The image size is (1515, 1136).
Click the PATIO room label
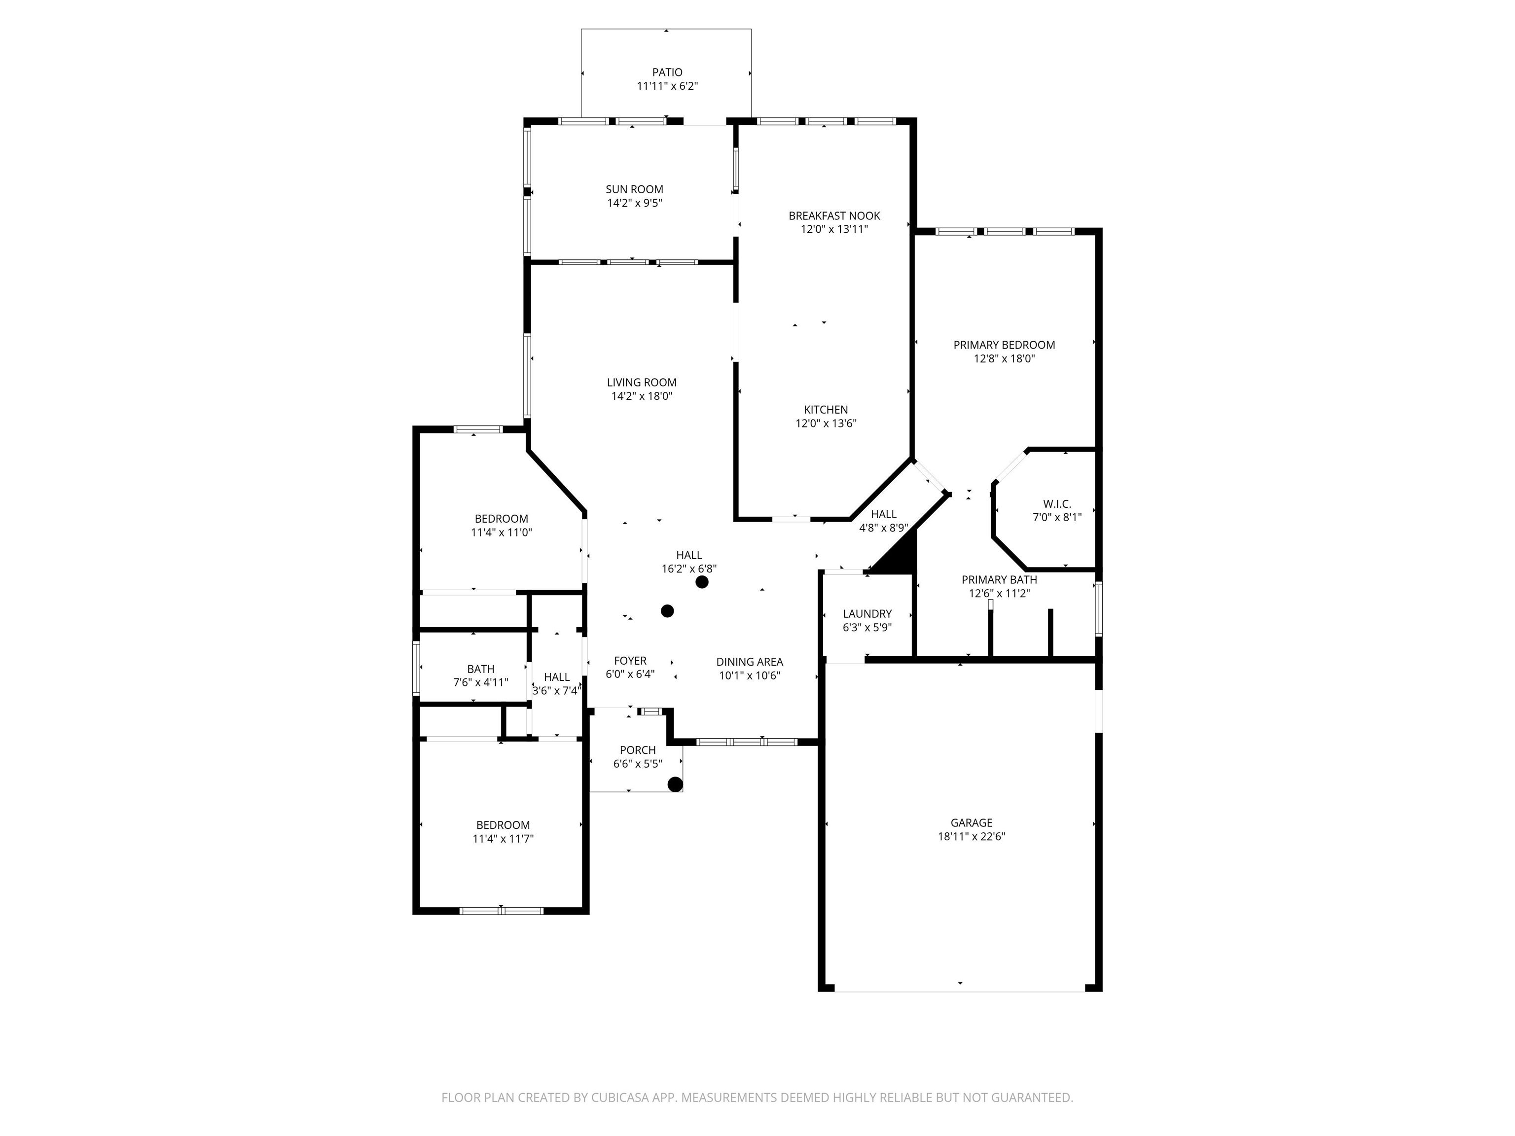(x=667, y=72)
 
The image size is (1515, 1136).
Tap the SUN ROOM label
(x=634, y=189)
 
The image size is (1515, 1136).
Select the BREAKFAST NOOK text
(x=834, y=215)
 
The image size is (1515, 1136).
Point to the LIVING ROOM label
(x=642, y=382)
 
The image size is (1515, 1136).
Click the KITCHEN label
(x=826, y=409)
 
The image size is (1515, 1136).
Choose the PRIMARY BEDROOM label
(x=1004, y=345)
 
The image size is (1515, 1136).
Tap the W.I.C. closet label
(x=1057, y=504)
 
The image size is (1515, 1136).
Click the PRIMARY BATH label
(x=999, y=579)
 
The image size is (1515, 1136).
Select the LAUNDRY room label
(x=867, y=613)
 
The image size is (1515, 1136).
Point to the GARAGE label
(x=971, y=822)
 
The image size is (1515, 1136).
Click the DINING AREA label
(x=749, y=662)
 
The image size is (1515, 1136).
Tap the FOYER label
(x=630, y=660)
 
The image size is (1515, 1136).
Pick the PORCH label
(x=638, y=750)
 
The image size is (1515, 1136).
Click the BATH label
(x=481, y=669)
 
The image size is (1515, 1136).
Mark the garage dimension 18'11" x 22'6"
(x=971, y=836)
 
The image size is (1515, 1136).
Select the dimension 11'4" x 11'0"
(x=502, y=532)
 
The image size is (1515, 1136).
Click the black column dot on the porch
(x=675, y=784)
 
